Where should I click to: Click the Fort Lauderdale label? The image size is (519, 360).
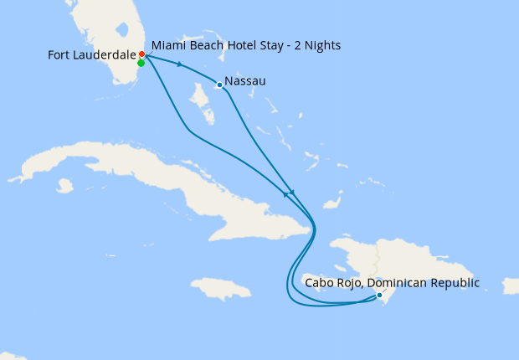coord(91,55)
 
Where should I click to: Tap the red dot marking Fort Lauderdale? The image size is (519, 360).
coord(141,54)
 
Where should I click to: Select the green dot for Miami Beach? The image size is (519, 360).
coord(141,63)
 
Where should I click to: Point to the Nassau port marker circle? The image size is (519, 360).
coord(219,85)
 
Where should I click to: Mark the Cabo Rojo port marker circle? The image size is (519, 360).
coord(379,295)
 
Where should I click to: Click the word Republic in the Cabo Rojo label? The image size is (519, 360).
coord(452,283)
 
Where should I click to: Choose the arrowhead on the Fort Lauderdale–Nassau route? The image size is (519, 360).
coord(180,64)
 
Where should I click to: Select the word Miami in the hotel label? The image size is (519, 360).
coord(168,44)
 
